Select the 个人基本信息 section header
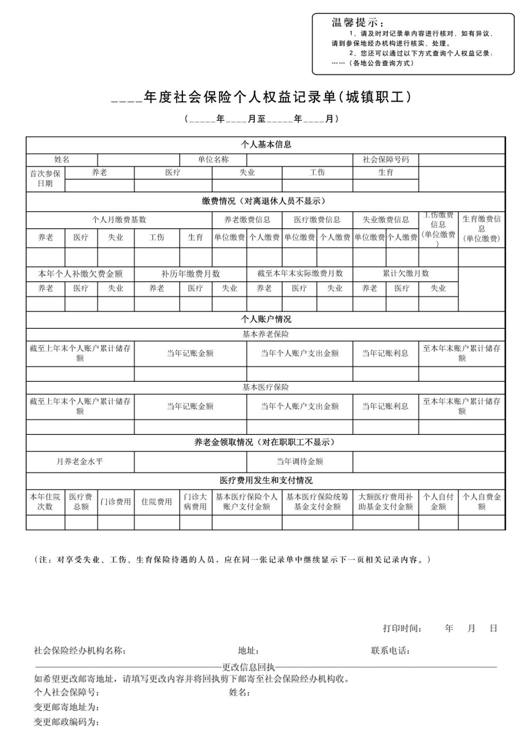point(265,145)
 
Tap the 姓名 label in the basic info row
point(62,160)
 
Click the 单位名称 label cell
point(213,160)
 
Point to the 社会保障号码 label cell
point(386,160)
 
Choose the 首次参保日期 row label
point(45,179)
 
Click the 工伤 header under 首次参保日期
point(317,172)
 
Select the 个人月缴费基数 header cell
point(119,219)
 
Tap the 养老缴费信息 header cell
point(247,219)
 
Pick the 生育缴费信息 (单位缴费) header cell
point(481,229)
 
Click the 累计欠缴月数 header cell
point(405,273)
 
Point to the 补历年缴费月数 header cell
point(190,273)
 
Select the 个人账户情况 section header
point(265,319)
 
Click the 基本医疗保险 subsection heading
point(265,387)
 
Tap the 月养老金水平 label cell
point(80,461)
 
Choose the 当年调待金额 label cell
point(299,461)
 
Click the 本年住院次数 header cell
point(45,502)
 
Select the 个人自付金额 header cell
point(438,502)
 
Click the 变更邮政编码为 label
point(67,722)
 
